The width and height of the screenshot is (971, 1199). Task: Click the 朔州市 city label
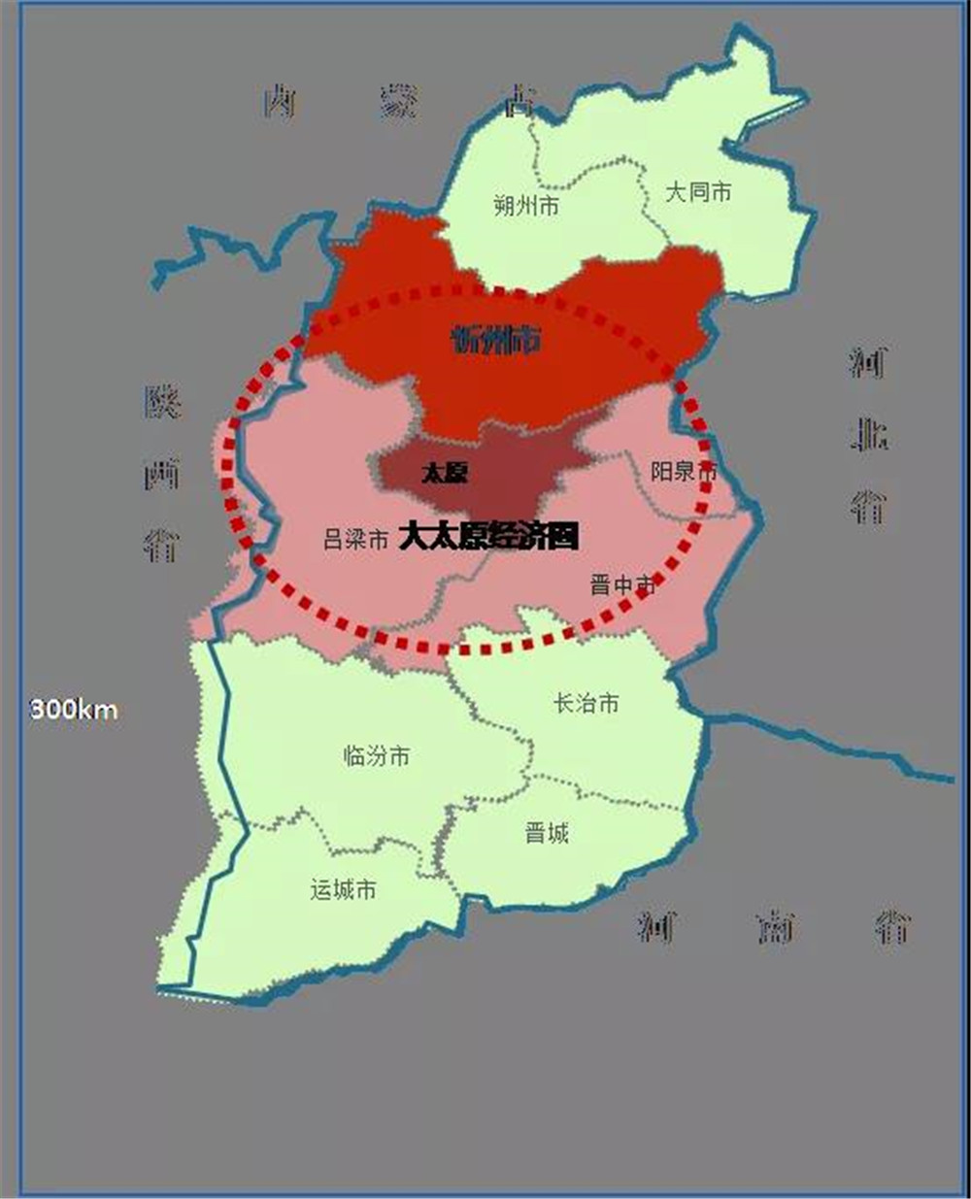(x=525, y=206)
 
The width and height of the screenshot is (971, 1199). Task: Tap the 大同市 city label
(x=697, y=192)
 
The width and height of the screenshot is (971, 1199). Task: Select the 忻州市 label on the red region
(x=496, y=340)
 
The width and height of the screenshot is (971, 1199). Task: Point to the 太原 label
(x=445, y=474)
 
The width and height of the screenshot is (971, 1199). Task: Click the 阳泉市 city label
(x=684, y=472)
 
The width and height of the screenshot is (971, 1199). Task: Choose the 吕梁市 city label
(x=355, y=540)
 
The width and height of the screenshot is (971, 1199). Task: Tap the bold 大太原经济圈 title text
(x=488, y=536)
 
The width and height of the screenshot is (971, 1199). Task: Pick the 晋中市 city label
(x=622, y=585)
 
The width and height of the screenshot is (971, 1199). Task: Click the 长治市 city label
(x=586, y=703)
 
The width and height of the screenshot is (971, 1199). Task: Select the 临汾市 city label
(x=377, y=755)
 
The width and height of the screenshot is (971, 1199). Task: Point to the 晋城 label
(x=547, y=832)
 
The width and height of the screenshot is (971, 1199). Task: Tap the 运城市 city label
(x=343, y=889)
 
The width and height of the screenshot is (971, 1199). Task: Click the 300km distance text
(x=74, y=710)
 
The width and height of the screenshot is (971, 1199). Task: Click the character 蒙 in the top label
(x=399, y=101)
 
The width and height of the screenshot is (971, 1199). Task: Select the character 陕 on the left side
(x=162, y=401)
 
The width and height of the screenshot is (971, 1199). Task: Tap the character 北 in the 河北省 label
(x=868, y=436)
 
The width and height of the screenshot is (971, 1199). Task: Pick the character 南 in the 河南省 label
(x=775, y=928)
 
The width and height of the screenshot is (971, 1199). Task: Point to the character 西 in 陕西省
(x=162, y=474)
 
